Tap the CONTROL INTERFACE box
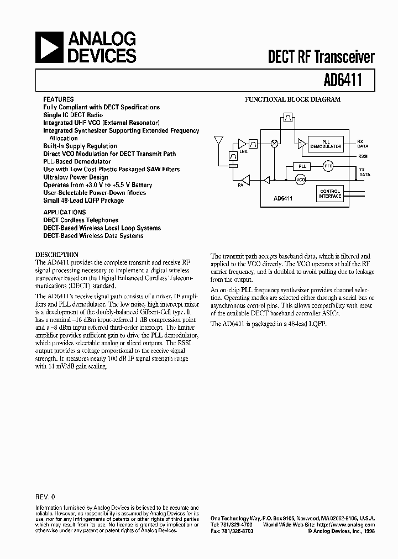click(330, 194)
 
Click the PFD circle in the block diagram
click(328, 166)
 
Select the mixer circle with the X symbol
click(274, 143)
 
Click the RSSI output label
click(362, 157)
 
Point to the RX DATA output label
click(362, 144)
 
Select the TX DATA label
click(362, 172)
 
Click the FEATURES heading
click(59, 99)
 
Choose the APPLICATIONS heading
click(65, 212)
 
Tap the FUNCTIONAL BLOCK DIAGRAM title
click(292, 100)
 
